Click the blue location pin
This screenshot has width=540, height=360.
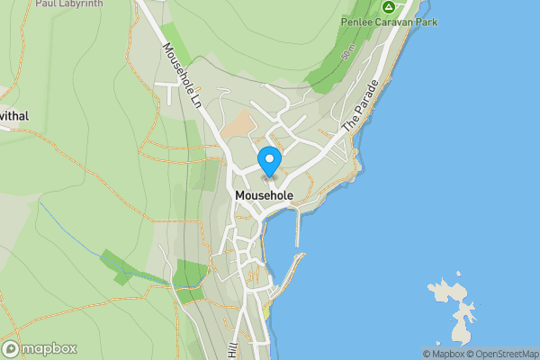pyautogui.click(x=269, y=161)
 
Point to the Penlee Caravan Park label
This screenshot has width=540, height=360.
pyautogui.click(x=389, y=22)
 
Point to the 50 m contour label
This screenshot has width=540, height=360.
pyautogui.click(x=347, y=56)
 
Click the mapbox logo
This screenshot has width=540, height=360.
pyautogui.click(x=40, y=348)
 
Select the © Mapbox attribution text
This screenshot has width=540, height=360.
pyautogui.click(x=443, y=354)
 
